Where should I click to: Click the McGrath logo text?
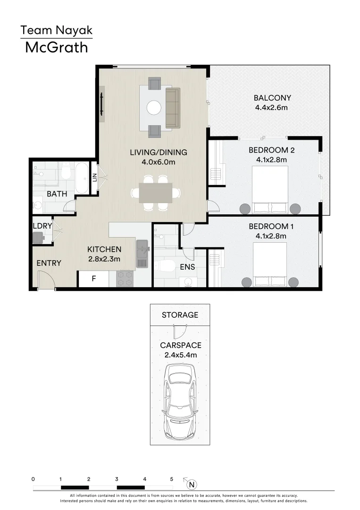[56, 47]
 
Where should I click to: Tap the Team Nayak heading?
[56, 31]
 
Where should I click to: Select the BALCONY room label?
[272, 98]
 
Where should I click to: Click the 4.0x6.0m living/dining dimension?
[159, 162]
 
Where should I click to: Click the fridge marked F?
[93, 279]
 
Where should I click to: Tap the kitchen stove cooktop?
[125, 279]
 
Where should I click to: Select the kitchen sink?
[142, 254]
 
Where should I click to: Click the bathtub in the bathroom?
[82, 178]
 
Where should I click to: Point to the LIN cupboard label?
[94, 178]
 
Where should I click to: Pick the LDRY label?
[42, 226]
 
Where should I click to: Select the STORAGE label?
[180, 315]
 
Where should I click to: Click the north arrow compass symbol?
[191, 484]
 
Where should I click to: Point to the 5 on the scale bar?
[172, 479]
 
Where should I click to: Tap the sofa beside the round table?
[172, 108]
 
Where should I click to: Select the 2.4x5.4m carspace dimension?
[180, 355]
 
